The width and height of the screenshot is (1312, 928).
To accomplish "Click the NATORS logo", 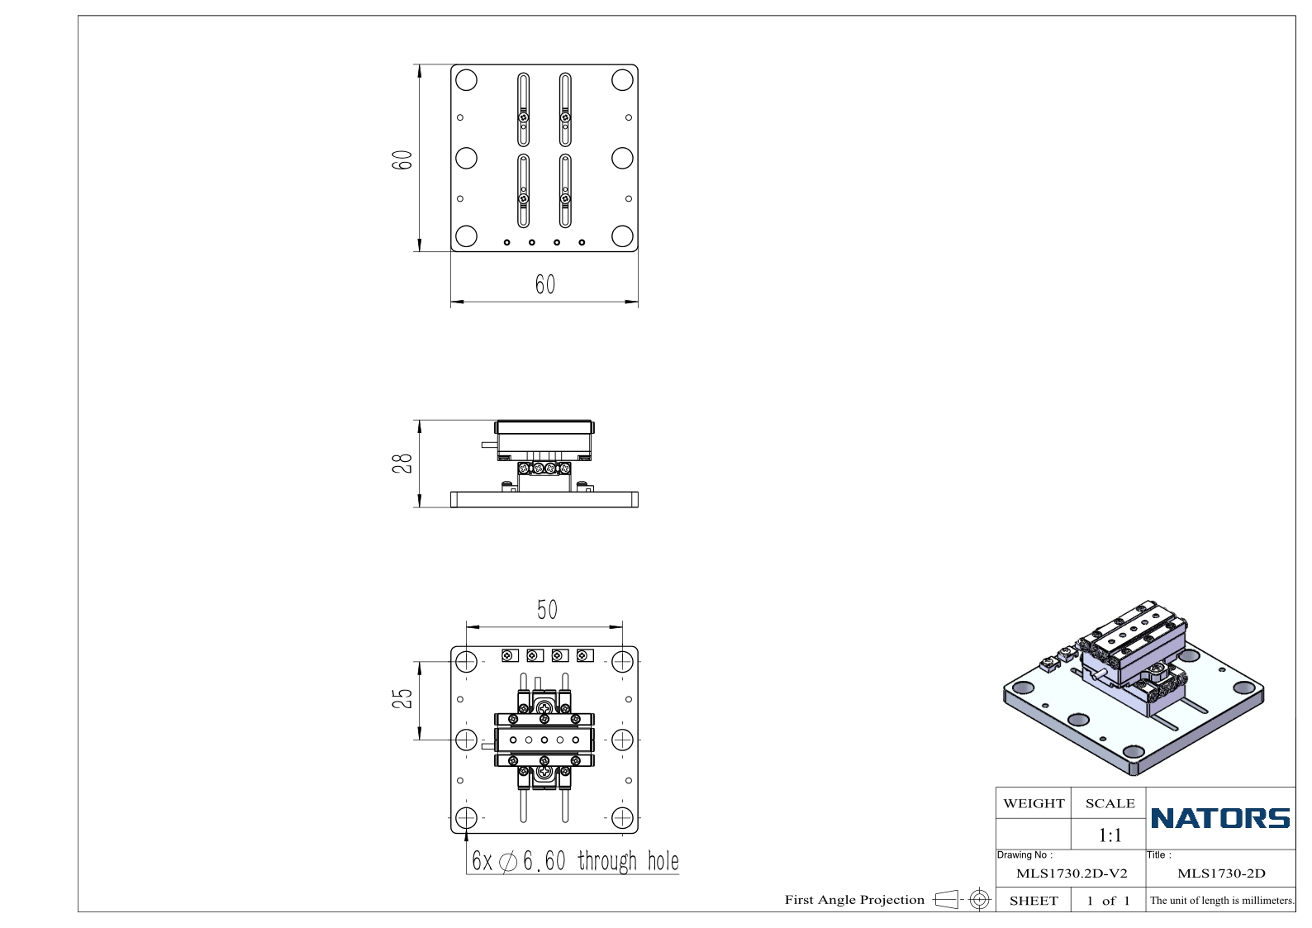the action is (1220, 818).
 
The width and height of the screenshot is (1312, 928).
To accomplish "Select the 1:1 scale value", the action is (1110, 835).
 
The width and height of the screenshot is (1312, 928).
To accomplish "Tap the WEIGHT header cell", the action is (1034, 803).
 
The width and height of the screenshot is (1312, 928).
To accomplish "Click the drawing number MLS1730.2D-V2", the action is (1072, 873).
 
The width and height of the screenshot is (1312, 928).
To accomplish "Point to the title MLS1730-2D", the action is (1221, 873).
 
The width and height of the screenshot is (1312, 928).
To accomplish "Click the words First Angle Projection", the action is (854, 899).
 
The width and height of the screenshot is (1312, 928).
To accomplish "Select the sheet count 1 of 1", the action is (1108, 901).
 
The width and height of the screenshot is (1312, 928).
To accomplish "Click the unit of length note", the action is (1222, 900).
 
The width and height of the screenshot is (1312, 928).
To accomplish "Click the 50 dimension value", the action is (547, 610).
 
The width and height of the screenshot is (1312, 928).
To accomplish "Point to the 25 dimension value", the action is (402, 698).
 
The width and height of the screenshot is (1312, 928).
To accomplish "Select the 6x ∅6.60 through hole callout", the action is (575, 860).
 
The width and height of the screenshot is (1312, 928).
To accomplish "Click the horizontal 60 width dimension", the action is (544, 285).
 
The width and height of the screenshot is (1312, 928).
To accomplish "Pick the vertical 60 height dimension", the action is (402, 159).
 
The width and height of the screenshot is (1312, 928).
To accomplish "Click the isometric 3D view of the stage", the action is (1134, 688).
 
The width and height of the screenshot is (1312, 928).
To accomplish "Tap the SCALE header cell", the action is (1110, 803).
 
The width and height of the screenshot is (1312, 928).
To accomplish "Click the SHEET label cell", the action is (1034, 901).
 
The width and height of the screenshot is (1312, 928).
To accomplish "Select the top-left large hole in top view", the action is (466, 79).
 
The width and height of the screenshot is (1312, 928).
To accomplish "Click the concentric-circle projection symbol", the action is (979, 899).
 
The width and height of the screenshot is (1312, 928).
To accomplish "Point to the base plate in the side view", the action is (544, 499).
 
